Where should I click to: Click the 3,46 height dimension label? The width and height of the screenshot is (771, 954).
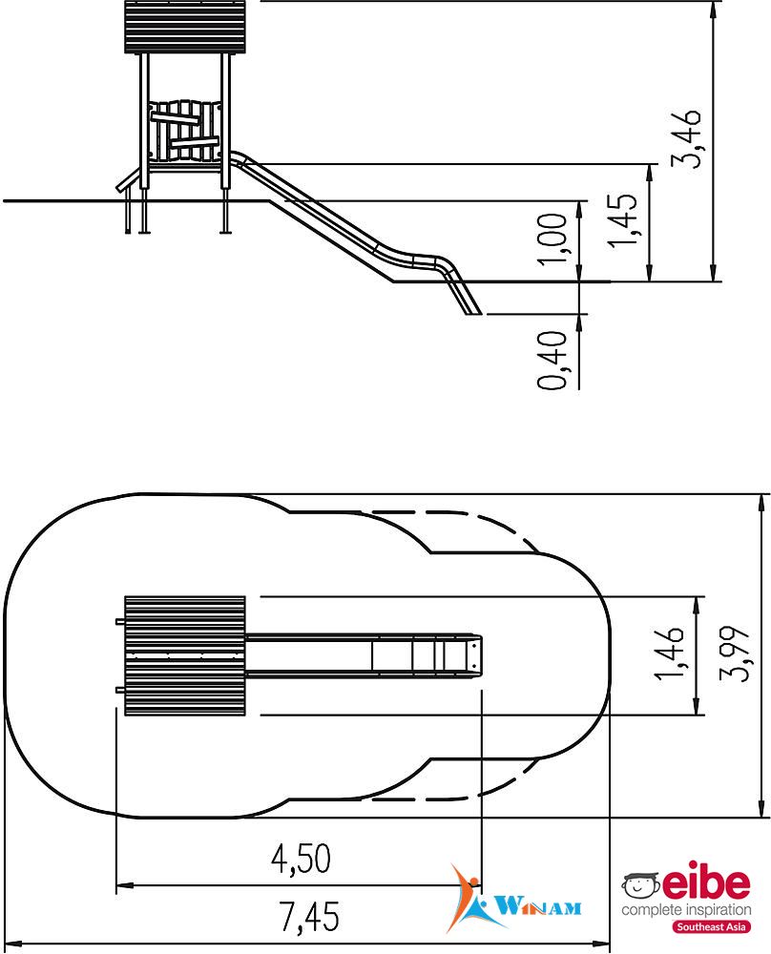pyautogui.click(x=686, y=138)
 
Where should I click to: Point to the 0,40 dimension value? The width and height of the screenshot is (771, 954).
pyautogui.click(x=552, y=360)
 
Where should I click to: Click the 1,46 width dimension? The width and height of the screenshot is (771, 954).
pyautogui.click(x=669, y=653)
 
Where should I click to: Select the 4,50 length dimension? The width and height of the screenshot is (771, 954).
pyautogui.click(x=301, y=859)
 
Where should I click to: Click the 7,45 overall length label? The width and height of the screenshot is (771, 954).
pyautogui.click(x=309, y=917)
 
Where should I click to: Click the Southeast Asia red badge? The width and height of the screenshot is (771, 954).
pyautogui.click(x=712, y=926)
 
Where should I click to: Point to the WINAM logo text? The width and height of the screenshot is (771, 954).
pyautogui.click(x=537, y=907)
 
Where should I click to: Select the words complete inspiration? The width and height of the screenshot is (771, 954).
pyautogui.click(x=686, y=910)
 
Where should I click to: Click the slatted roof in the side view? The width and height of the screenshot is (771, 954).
pyautogui.click(x=186, y=27)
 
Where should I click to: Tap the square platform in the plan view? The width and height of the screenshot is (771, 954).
pyautogui.click(x=185, y=656)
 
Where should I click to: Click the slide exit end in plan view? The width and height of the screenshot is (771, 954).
pyautogui.click(x=476, y=655)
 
